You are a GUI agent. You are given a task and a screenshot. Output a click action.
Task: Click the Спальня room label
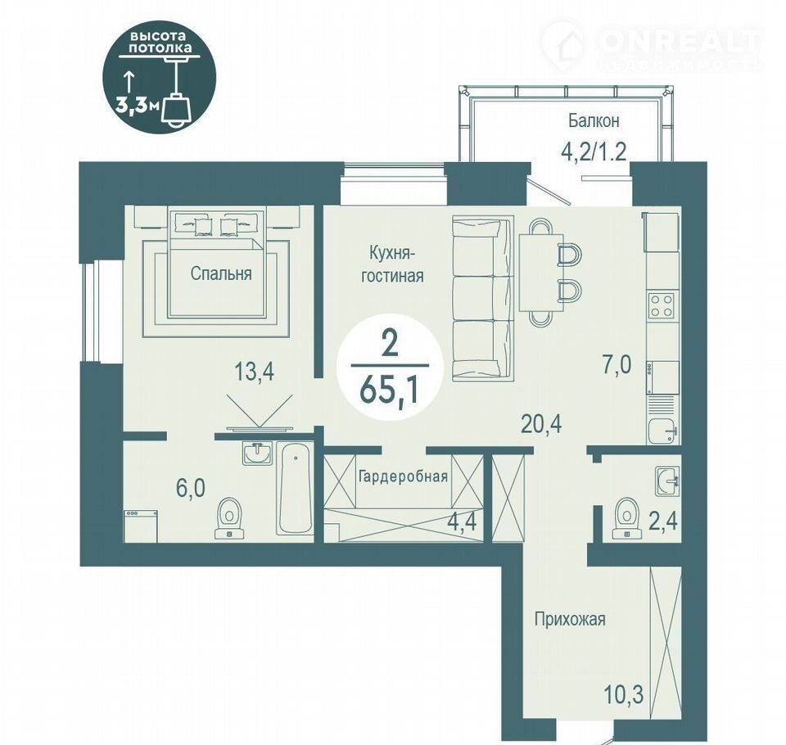[221, 273]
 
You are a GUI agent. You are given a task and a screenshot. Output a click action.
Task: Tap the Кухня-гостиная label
[392, 264]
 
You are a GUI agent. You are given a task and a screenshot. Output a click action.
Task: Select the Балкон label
[594, 121]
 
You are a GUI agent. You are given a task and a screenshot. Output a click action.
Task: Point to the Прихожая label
[570, 619]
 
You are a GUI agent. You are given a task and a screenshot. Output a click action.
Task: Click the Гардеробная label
[403, 476]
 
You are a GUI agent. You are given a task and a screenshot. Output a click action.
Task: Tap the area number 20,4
[541, 424]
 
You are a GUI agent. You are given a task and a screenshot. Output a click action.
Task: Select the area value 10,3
[624, 695]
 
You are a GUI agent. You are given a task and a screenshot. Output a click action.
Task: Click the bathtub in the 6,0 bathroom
[295, 489]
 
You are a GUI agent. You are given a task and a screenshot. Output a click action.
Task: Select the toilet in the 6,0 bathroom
[230, 518]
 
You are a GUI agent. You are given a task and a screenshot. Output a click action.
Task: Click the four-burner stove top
[662, 305]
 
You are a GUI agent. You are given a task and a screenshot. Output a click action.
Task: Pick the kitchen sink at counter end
[663, 431]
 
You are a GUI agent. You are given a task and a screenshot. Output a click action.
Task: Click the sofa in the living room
[482, 298]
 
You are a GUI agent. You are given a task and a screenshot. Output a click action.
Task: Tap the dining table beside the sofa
[541, 273]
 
